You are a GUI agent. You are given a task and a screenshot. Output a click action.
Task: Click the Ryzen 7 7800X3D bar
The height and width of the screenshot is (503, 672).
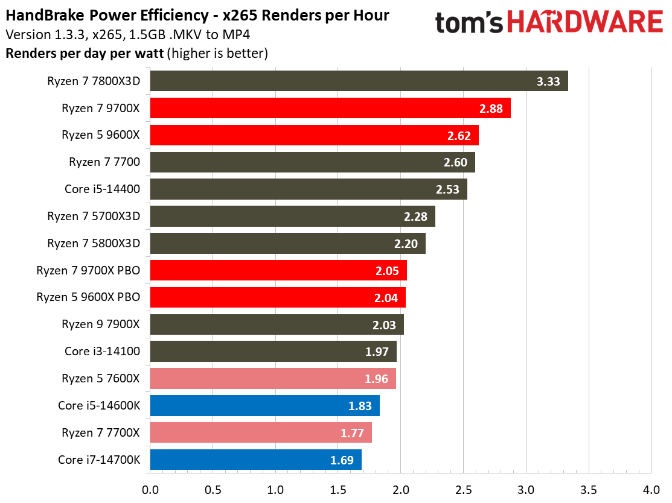359,81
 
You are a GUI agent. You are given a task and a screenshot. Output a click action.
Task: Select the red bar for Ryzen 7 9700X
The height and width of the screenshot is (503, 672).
330,109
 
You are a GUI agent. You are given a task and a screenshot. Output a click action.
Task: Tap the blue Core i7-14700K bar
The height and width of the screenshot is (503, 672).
255,460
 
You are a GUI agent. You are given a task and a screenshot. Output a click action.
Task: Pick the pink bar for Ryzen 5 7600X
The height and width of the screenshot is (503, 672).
273,379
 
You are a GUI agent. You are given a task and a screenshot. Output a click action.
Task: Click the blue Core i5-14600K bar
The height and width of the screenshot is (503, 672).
264,406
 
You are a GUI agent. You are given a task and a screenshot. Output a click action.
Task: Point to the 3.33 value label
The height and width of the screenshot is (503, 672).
549,81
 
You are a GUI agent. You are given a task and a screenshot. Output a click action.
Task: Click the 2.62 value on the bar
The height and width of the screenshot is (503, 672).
459,136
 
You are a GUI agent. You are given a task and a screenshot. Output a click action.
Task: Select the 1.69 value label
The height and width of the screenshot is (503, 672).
342,460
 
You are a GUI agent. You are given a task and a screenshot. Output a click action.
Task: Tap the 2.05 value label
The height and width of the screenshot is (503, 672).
387,271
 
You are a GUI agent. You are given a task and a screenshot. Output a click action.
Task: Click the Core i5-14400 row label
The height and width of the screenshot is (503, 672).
102,189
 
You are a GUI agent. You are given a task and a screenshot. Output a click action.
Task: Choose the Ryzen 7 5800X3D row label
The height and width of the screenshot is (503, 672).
94,244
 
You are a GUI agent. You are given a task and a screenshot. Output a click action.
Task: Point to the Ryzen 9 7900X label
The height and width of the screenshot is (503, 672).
100,324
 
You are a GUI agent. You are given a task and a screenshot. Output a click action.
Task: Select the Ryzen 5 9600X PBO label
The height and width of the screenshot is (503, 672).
88,298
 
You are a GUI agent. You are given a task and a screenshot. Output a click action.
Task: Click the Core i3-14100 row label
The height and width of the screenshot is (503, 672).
102,352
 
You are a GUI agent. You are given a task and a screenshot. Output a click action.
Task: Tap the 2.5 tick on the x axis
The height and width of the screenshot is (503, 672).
463,488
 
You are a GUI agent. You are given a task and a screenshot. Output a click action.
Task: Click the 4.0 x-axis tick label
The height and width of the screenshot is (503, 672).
651,488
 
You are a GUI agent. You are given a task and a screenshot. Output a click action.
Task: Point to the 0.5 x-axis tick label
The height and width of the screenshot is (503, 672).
213,488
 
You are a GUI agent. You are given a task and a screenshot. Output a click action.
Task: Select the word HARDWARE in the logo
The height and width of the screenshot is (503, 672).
585,23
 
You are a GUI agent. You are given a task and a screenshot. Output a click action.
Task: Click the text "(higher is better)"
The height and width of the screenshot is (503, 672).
218,53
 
